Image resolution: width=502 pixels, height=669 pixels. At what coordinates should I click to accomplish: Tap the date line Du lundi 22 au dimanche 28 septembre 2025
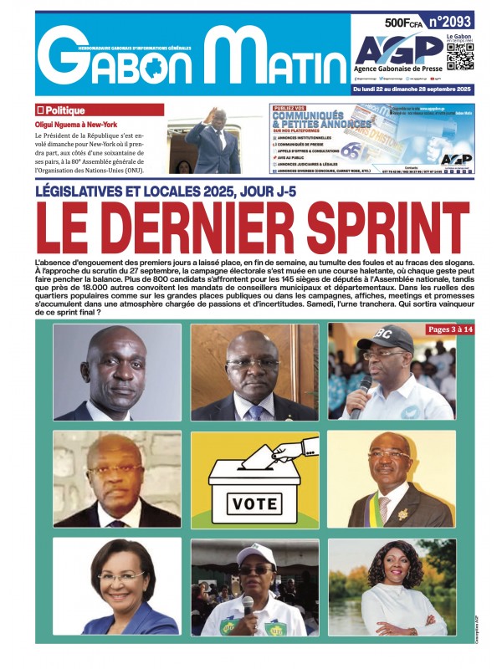tap(412, 88)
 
